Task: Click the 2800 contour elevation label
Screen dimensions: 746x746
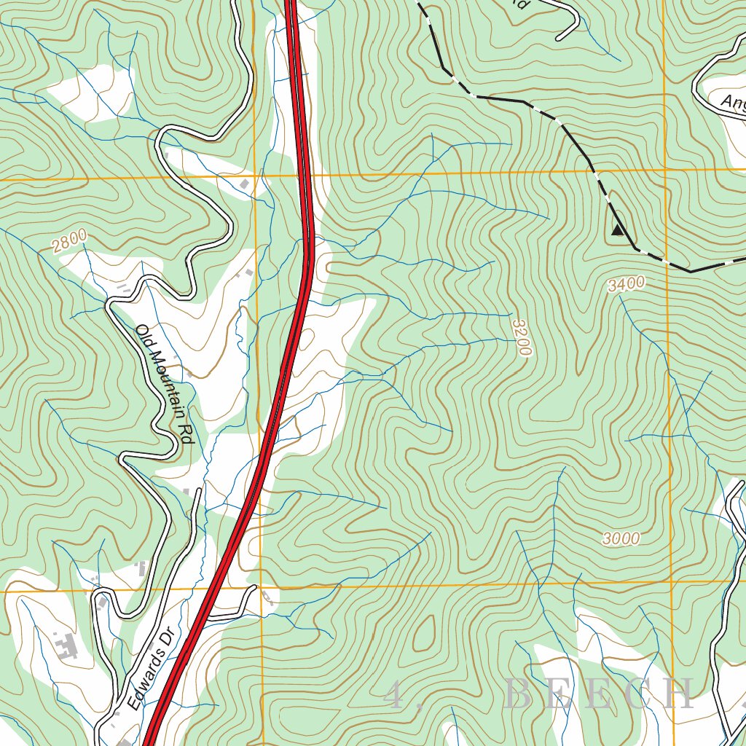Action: point(70,240)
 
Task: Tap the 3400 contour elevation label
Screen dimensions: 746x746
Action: point(626,285)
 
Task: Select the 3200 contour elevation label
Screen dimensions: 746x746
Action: point(522,337)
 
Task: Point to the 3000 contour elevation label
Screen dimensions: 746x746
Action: point(621,538)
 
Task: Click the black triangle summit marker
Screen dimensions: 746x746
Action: point(618,230)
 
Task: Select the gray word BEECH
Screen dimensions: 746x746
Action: point(598,694)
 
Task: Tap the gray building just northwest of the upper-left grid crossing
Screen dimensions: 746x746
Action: point(246,185)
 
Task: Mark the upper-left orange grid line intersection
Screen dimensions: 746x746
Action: point(256,176)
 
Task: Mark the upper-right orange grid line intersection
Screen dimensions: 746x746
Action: point(665,170)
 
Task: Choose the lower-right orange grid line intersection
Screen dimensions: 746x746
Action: point(671,583)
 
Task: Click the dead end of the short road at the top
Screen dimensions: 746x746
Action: point(559,37)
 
